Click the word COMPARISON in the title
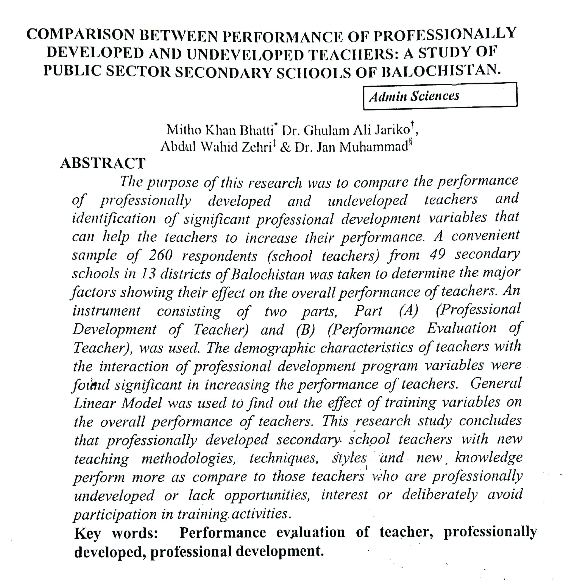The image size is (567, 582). coord(81,35)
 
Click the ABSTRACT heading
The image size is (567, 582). coord(103,163)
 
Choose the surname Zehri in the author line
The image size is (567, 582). coord(256,147)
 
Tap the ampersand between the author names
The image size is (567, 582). coord(285,147)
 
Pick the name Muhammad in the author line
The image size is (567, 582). coord(374,147)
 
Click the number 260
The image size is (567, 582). coord(160,255)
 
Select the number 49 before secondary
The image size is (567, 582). coord(437,254)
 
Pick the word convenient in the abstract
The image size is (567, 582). coord(485,236)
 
